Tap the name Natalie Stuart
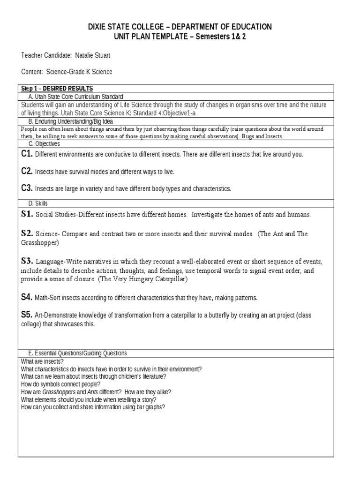pos(97,56)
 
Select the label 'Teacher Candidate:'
pos(46,56)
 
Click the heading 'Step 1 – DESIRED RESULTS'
pos(57,89)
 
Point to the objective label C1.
pos(27,154)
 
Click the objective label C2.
pos(27,172)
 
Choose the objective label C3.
pos(27,188)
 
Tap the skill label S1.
pos(27,214)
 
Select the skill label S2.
pos(27,233)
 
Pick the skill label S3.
pos(27,261)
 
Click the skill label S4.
pos(27,297)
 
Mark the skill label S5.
pos(27,315)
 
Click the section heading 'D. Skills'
pos(38,203)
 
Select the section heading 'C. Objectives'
pos(44,144)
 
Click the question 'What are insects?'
pos(43,361)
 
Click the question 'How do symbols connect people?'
pos(61,384)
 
